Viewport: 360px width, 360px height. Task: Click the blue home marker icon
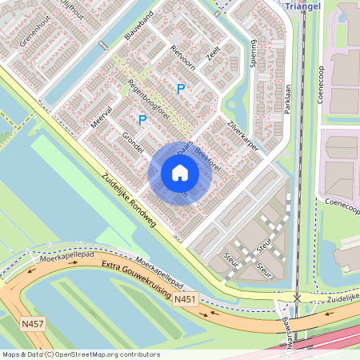180,173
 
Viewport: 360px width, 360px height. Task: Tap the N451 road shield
185,299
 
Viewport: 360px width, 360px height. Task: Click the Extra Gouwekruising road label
133,281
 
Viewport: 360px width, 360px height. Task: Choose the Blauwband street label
138,27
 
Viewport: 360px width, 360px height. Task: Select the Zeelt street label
212,54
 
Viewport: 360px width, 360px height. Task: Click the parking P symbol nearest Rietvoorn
181,89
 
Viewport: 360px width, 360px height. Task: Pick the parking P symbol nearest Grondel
142,120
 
